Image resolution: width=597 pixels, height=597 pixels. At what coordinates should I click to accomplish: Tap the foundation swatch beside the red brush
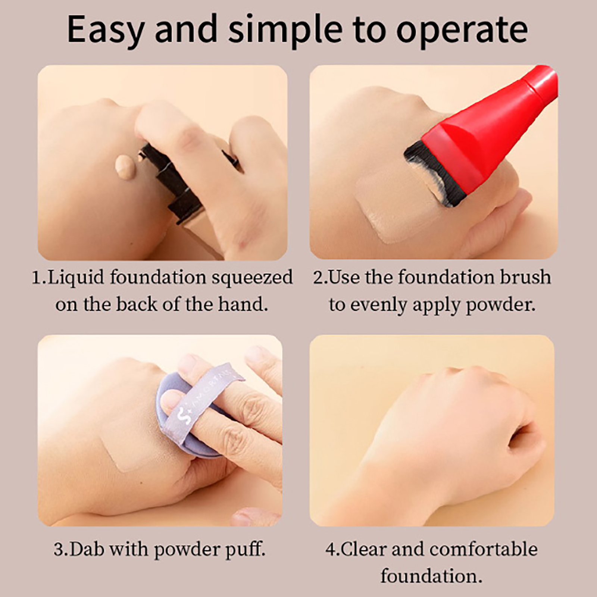396,207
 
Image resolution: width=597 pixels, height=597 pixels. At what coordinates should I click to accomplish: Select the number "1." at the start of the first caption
40,278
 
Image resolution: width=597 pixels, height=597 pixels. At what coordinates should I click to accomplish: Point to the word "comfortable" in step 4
484,549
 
